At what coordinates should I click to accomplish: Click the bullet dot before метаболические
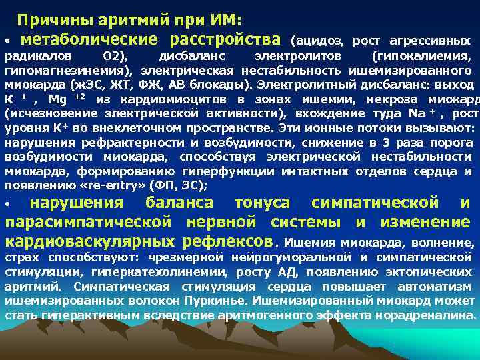pyautogui.click(x=7, y=42)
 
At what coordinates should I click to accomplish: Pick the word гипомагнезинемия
pyautogui.click(x=68, y=70)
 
